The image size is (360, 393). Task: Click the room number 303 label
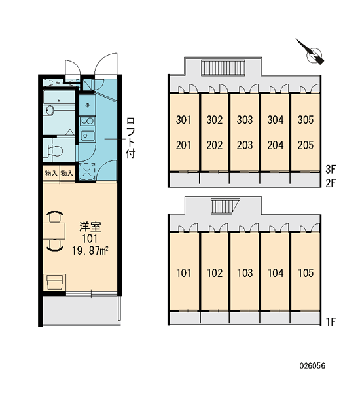(245, 120)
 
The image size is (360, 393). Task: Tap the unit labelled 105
(306, 273)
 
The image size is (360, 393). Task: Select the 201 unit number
(184, 145)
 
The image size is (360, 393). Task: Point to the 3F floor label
(331, 170)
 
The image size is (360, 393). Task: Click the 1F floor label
(331, 322)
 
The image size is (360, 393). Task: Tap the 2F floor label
(331, 183)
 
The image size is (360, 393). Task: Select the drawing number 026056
(312, 365)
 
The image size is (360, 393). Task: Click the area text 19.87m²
(90, 250)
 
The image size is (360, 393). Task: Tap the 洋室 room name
(90, 227)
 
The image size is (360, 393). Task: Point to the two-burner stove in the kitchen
(87, 121)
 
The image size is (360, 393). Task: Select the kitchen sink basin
(88, 136)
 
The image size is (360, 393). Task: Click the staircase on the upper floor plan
(223, 67)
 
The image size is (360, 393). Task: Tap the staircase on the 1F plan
(223, 207)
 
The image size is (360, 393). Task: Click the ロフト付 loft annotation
(131, 138)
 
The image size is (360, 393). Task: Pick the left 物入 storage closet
(51, 173)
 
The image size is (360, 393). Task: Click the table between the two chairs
(54, 231)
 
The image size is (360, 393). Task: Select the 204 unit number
(276, 145)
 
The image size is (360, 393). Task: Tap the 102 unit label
(215, 273)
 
